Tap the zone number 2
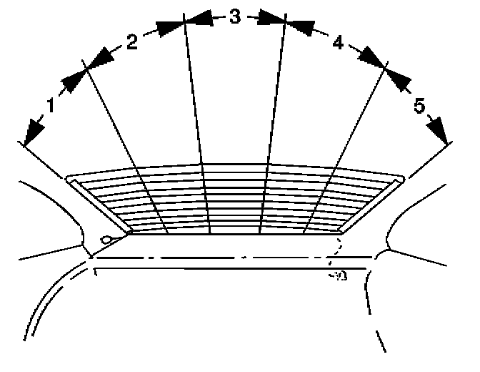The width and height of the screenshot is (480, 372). (132, 43)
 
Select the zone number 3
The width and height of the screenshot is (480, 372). (235, 17)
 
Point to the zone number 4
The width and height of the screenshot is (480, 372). (338, 43)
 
